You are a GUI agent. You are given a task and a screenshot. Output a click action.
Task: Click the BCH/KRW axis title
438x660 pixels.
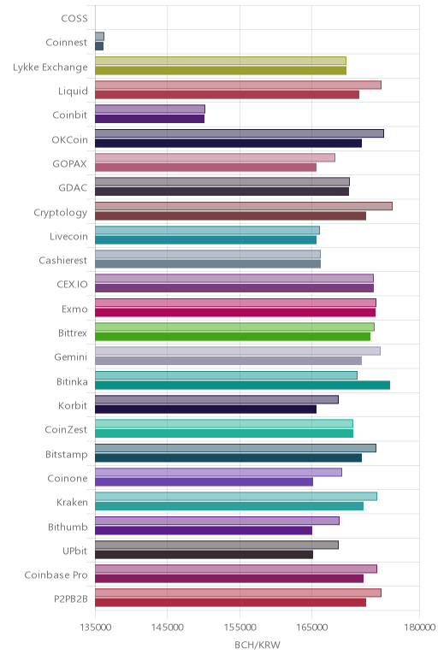pos(257,645)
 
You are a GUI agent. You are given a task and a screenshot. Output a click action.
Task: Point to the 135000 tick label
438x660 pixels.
pos(95,628)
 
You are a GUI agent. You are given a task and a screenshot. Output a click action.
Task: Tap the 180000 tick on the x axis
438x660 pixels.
pos(419,628)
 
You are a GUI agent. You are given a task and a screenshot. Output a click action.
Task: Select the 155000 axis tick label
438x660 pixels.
pos(240,628)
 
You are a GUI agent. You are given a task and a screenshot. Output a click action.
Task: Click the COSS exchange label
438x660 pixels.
pos(74,19)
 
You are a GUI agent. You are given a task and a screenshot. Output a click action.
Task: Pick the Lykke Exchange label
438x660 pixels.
pos(50,68)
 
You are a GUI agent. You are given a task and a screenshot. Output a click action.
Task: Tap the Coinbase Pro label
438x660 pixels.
pos(56,575)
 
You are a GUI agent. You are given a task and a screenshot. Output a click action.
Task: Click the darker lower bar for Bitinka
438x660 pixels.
pos(243,385)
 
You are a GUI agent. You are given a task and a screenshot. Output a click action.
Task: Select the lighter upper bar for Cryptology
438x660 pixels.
pos(244,206)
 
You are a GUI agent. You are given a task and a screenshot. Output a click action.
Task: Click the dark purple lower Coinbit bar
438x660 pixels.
pos(150,119)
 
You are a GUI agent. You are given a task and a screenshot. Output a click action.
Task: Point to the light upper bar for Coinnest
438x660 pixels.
pos(99,36)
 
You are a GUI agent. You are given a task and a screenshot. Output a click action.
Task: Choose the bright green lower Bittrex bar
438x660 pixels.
pos(233,337)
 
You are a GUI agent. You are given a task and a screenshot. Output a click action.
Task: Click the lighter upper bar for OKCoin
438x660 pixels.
pos(240,133)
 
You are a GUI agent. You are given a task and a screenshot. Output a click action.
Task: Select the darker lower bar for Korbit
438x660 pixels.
pos(205,410)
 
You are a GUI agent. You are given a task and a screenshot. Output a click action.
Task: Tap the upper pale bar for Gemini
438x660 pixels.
pos(238,351)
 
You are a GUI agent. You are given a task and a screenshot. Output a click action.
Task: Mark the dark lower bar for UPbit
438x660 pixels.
pos(204,555)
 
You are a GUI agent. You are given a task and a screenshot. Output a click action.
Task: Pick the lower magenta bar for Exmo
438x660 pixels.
pos(235,312)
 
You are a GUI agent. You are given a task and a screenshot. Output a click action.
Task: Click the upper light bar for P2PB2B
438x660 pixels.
pos(238,593)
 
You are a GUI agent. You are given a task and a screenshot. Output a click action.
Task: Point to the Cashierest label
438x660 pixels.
pos(63,261)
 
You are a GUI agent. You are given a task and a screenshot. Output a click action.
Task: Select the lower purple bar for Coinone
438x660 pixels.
pos(204,482)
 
